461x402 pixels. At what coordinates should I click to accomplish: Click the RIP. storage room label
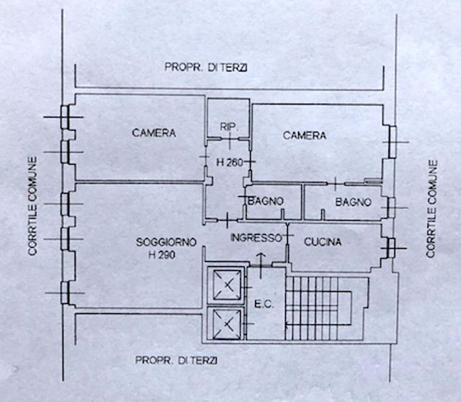[229, 127]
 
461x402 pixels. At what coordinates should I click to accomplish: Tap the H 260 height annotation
[230, 162]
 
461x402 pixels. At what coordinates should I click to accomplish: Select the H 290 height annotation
[161, 254]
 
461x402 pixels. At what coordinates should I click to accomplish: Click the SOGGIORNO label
[166, 242]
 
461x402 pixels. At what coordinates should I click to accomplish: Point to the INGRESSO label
[256, 238]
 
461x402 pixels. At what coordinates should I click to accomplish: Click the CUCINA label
[323, 242]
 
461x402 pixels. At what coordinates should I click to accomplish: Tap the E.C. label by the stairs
[264, 305]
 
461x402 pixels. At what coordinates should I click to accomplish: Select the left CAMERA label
[153, 133]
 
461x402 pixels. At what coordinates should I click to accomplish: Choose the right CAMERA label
[304, 135]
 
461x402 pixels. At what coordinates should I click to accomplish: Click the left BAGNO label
[266, 201]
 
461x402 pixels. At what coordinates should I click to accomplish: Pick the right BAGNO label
[353, 202]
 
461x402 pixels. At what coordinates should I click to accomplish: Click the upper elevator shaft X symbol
[227, 285]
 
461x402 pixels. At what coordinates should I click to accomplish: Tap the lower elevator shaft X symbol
[227, 324]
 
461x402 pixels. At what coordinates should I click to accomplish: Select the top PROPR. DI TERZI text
[206, 67]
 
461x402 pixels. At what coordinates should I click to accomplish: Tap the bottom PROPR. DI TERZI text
[176, 360]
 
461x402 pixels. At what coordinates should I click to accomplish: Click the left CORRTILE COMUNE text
[32, 206]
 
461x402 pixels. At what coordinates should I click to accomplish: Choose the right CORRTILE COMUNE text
[431, 209]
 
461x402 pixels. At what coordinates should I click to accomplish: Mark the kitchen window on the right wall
[390, 249]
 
